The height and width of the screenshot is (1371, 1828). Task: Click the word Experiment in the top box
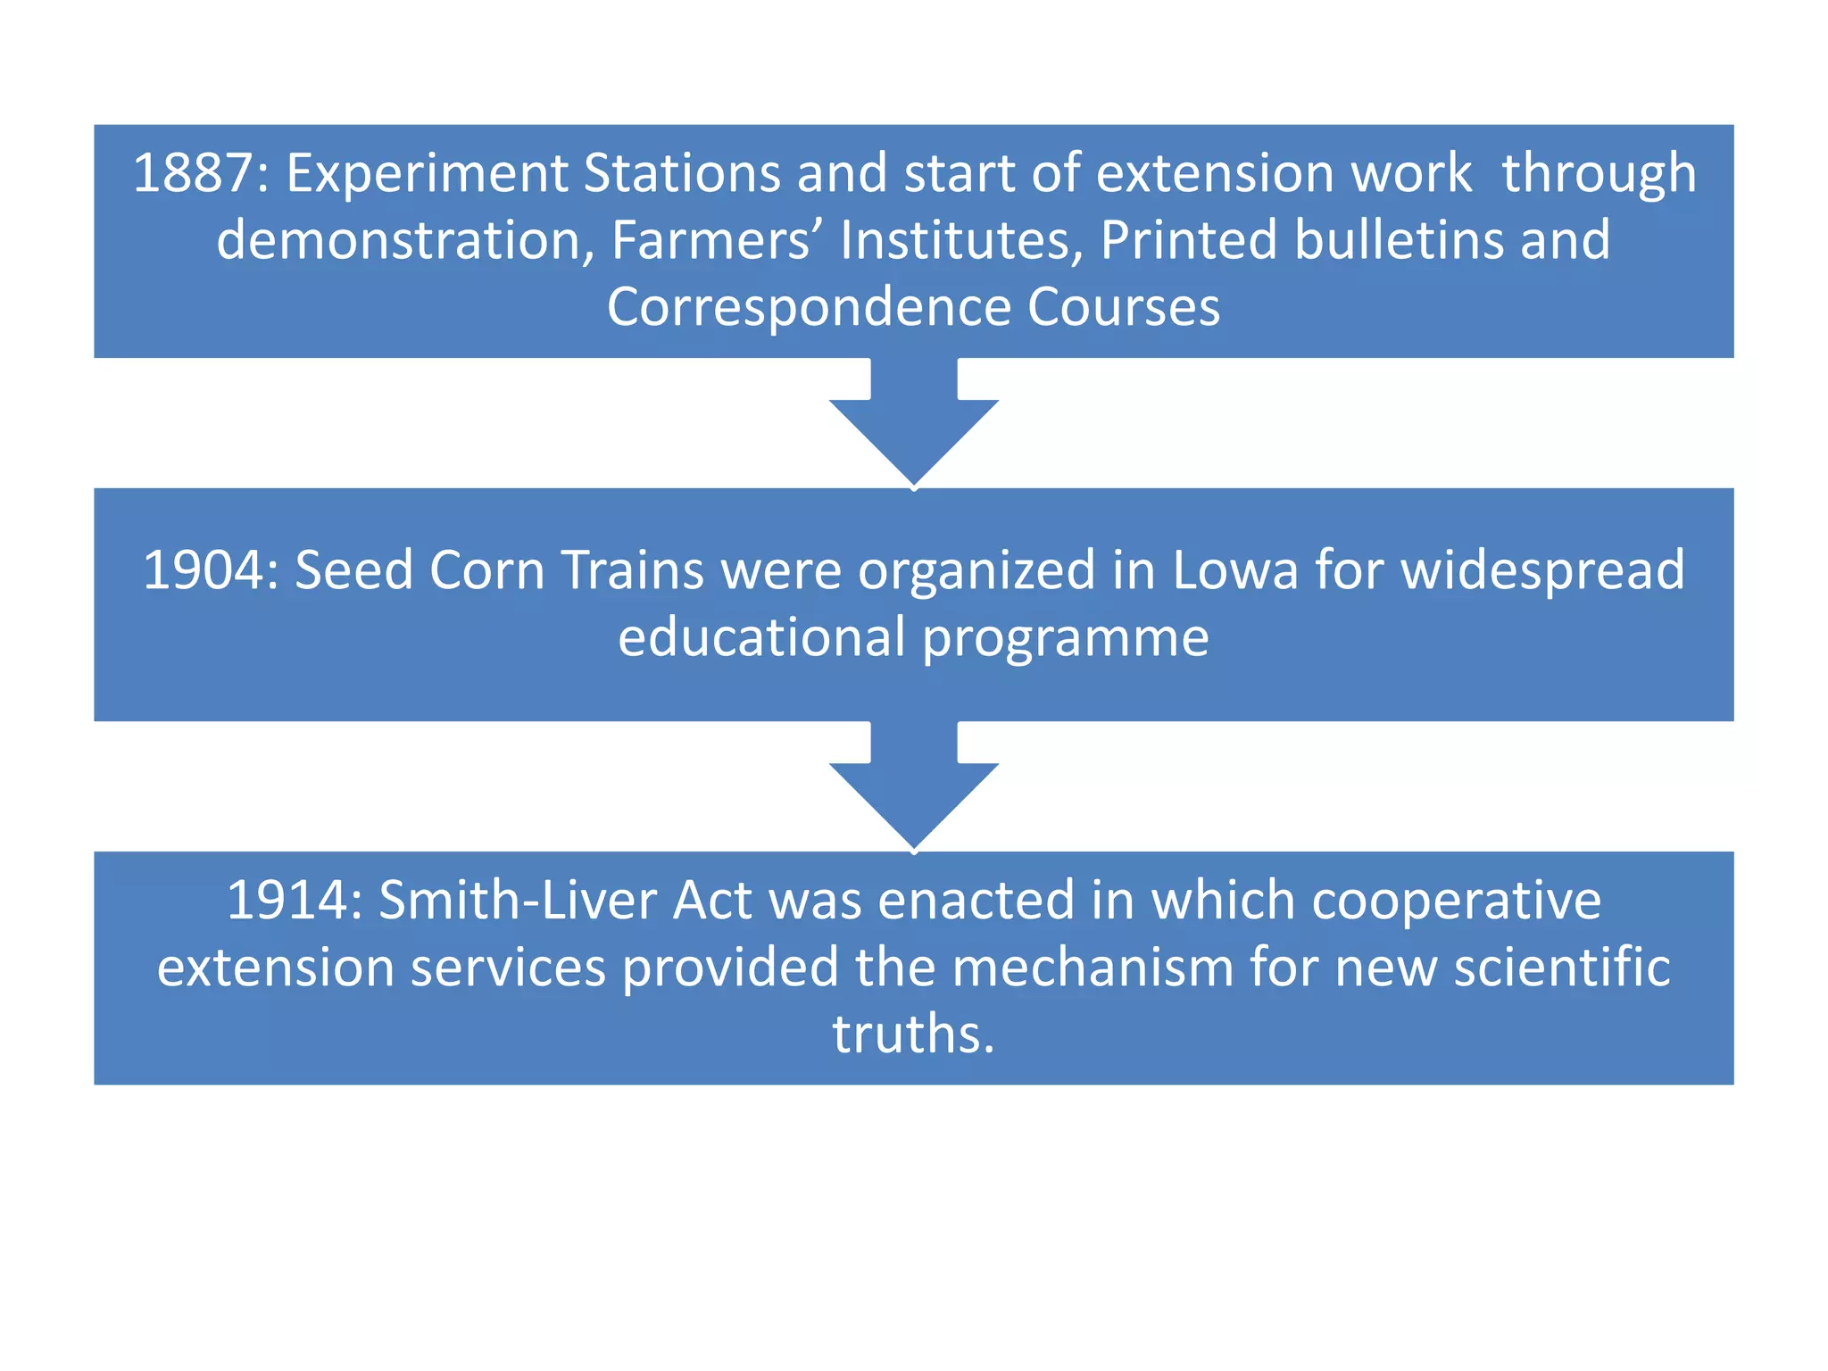[x=427, y=173]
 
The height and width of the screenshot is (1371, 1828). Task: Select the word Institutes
[x=960, y=240]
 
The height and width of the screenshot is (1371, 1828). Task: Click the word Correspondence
[x=809, y=308]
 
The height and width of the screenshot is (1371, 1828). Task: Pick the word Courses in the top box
[x=1123, y=308]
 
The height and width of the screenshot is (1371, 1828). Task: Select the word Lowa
[x=1234, y=570]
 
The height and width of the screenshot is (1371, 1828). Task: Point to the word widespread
[x=1542, y=570]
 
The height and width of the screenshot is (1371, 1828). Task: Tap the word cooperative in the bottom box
[x=1456, y=900]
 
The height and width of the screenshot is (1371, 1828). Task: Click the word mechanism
[x=1093, y=968]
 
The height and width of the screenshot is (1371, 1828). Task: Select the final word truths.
[x=912, y=1035]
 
